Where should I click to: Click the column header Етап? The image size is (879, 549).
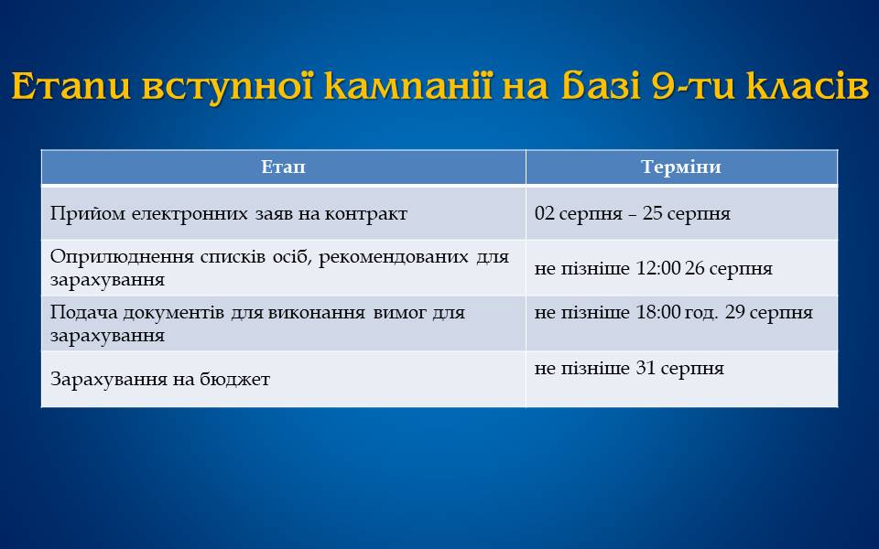pos(283,167)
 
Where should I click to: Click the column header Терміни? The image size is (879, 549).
pos(681,167)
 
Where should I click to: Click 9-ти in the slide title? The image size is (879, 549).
pos(694,86)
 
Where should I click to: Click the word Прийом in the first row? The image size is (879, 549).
pos(88,213)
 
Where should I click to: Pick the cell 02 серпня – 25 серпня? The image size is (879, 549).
pos(633,213)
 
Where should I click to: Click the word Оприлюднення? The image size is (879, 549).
pos(122,257)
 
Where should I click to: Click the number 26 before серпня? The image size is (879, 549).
pos(695,268)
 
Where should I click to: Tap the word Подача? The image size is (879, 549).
pos(83,313)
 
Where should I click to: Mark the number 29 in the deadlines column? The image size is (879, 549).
pos(735,312)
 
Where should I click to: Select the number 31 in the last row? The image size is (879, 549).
pos(646,368)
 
